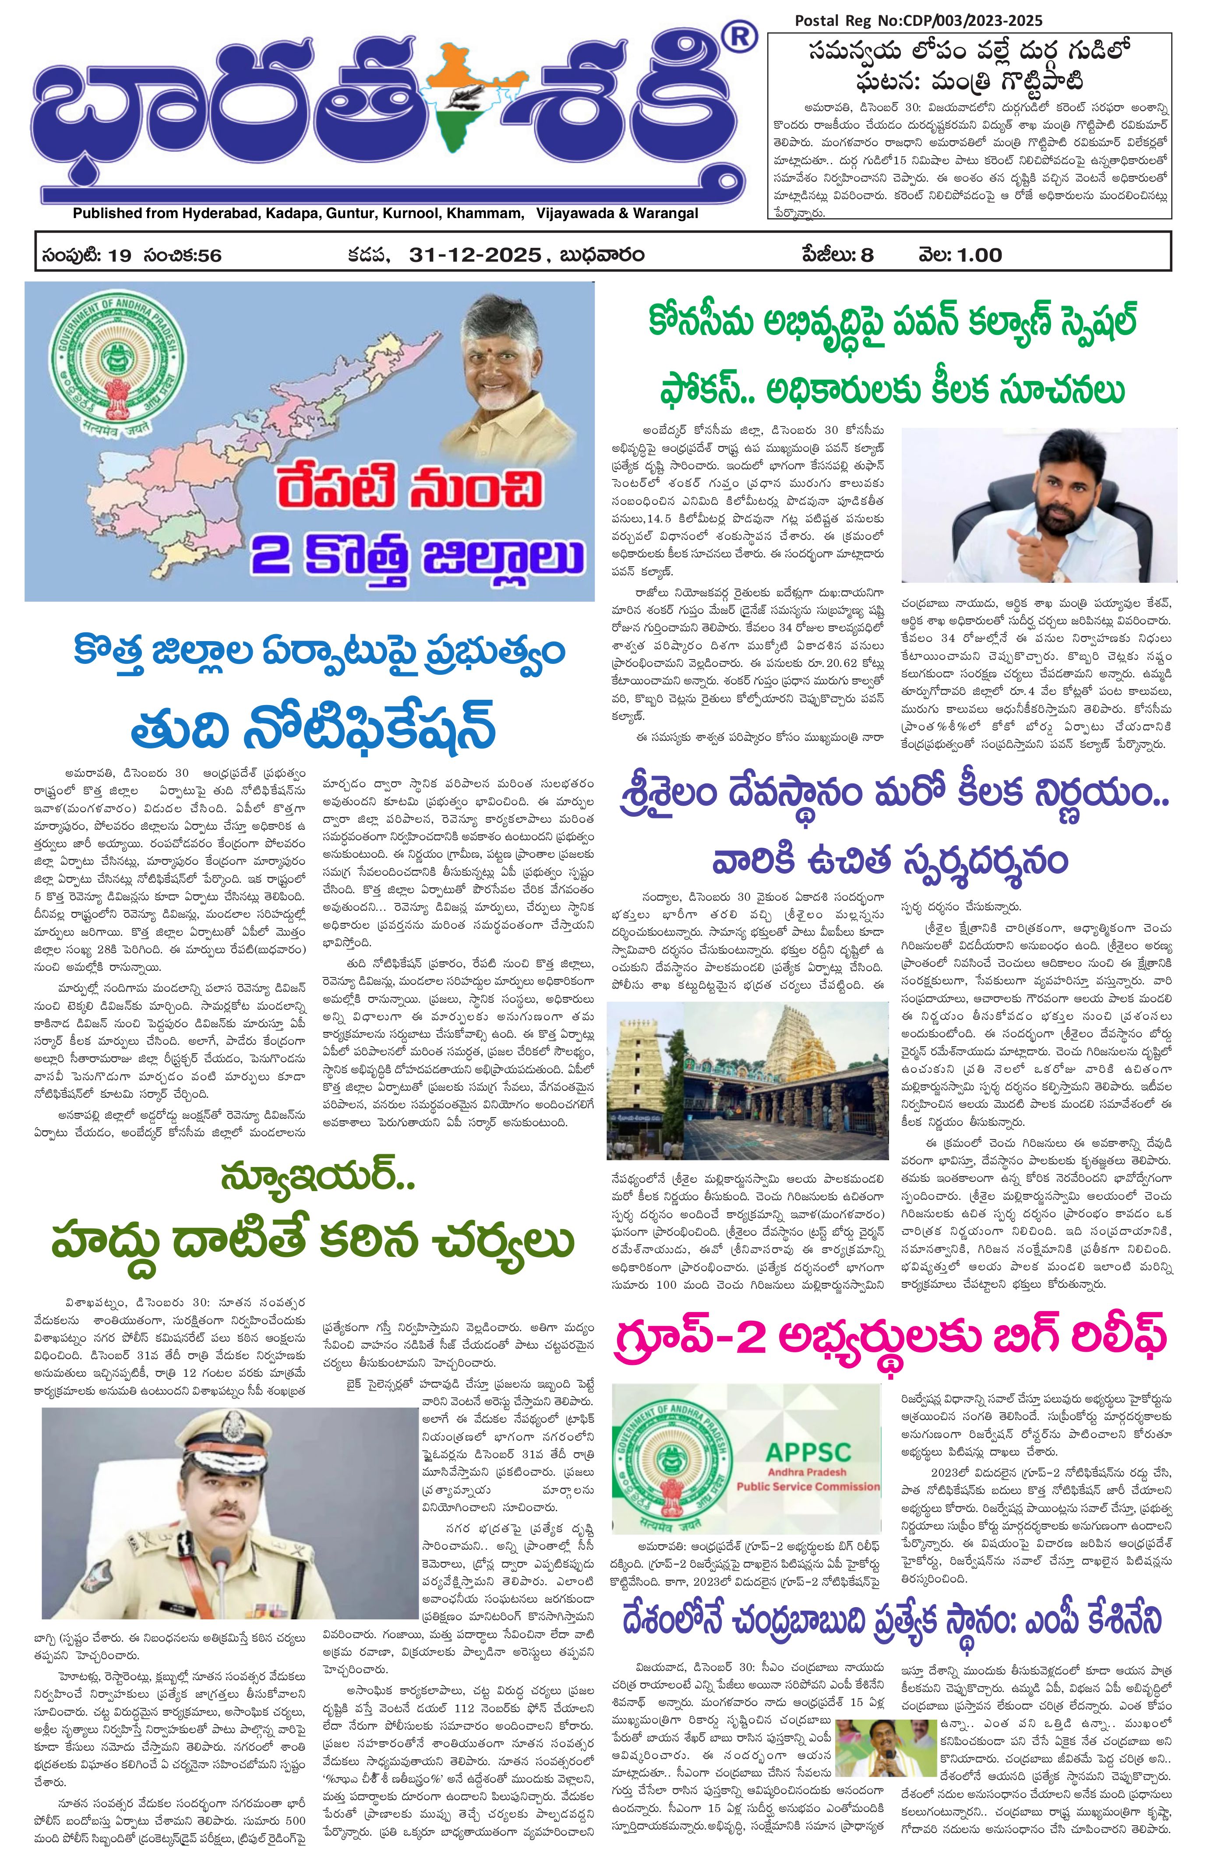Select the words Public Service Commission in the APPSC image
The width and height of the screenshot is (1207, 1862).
click(x=808, y=1486)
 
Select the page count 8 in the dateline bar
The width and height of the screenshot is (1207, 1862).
click(x=867, y=255)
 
